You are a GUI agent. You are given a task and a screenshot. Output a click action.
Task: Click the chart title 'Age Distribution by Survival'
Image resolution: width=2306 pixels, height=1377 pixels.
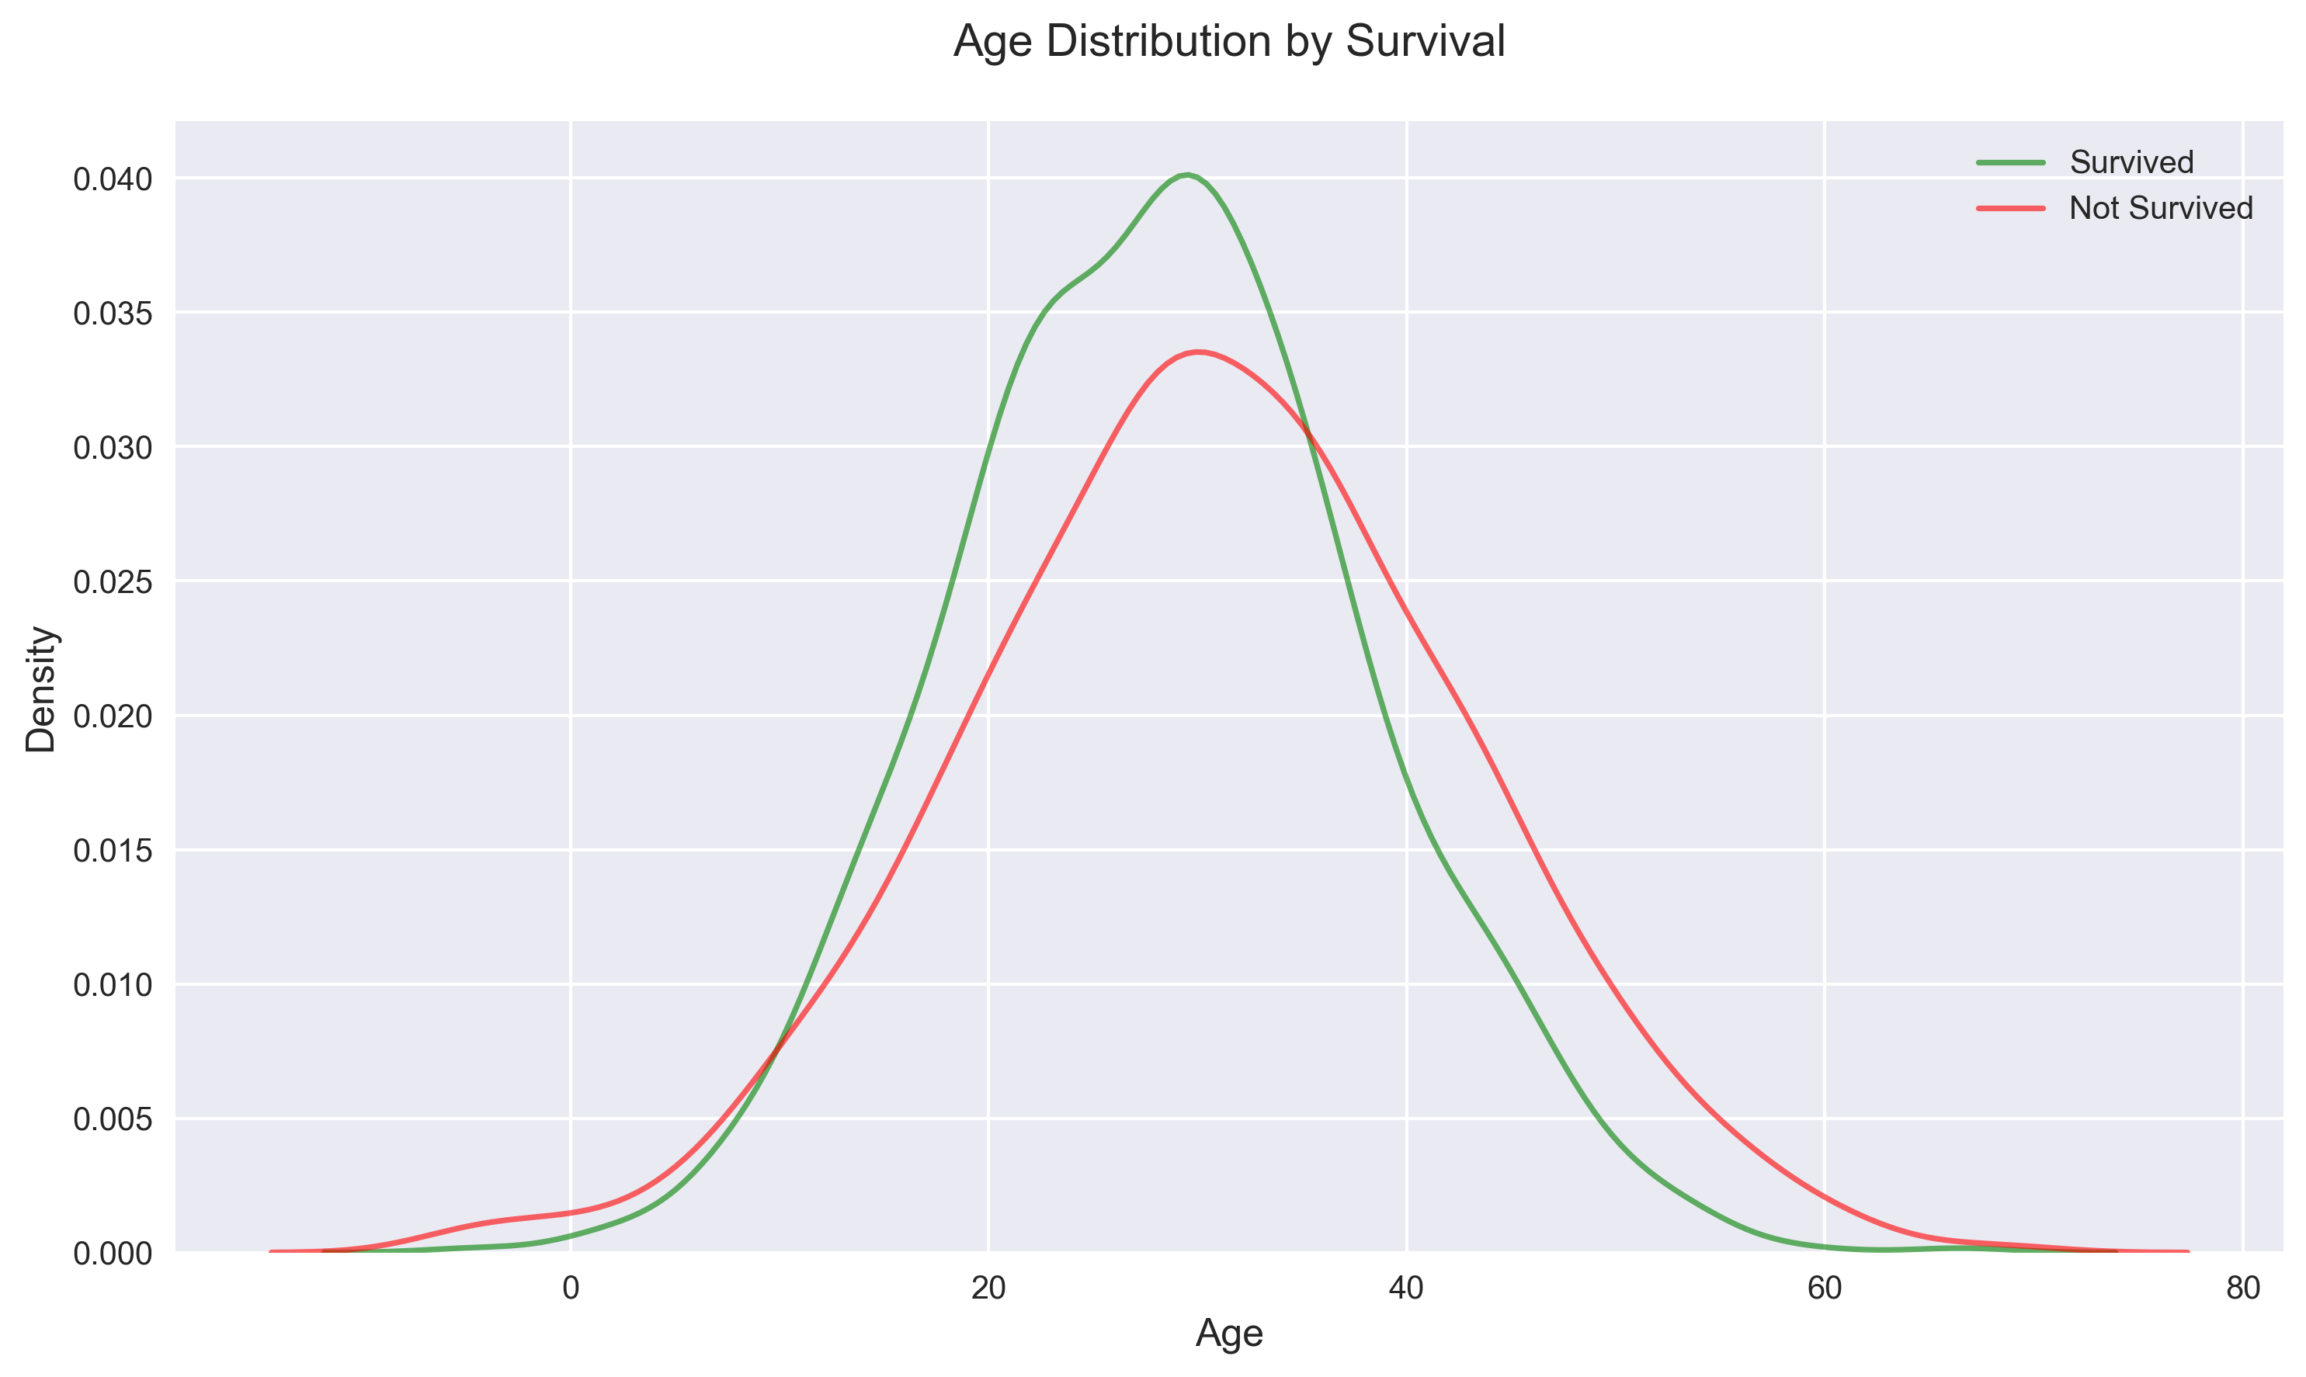[1228, 43]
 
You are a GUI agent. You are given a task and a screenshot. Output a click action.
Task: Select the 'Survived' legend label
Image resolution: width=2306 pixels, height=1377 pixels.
[2131, 162]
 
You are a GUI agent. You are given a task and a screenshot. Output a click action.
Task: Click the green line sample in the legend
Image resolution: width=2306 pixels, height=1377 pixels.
[2011, 162]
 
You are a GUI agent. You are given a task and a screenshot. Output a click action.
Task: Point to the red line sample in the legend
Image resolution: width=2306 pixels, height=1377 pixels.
[2011, 209]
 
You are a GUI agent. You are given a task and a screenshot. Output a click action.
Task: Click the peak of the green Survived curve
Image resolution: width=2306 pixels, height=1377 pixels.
[1187, 175]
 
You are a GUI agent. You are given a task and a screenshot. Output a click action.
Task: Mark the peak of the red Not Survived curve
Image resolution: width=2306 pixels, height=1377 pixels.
[1200, 352]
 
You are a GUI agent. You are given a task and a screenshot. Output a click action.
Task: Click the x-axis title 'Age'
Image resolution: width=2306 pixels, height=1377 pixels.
[1228, 1334]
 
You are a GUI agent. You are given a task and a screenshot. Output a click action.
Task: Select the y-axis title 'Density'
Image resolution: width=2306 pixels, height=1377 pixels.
[42, 688]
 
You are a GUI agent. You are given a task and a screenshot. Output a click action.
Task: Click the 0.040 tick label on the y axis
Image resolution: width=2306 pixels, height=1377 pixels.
[111, 179]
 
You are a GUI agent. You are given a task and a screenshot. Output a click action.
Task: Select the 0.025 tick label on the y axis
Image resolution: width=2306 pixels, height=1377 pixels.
[111, 582]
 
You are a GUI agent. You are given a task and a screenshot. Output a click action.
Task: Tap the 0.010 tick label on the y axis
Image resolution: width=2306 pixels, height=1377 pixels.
[111, 984]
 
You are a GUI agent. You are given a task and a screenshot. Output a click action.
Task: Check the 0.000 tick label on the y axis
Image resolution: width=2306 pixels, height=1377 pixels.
[111, 1254]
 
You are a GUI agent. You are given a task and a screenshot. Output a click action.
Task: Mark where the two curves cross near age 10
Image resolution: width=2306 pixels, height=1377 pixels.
[776, 1049]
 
